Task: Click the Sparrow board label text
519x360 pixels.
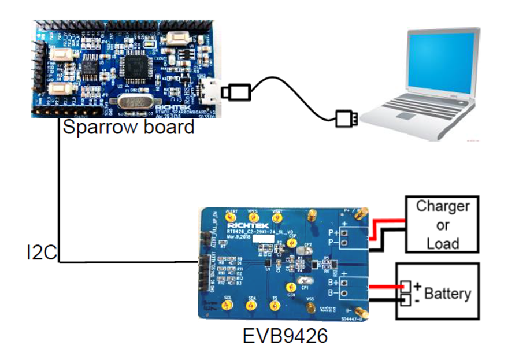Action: point(128,127)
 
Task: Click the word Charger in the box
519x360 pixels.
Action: point(443,206)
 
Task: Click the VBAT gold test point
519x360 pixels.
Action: point(277,218)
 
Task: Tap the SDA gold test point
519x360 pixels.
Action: point(251,306)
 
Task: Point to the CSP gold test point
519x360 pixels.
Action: point(292,243)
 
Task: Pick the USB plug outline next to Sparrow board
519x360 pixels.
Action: point(236,91)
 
